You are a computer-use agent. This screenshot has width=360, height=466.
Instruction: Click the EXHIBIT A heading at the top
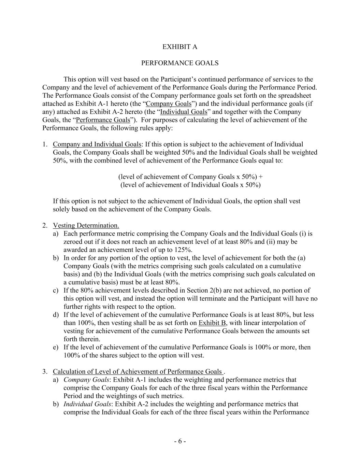179,47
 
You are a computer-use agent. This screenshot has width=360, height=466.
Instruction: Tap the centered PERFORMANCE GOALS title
179,63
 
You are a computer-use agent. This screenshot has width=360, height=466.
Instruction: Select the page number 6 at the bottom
180,441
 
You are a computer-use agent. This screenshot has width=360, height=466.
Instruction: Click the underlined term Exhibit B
212,323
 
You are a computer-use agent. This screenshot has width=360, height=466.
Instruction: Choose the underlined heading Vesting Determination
86,226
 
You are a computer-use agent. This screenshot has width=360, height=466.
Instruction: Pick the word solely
61,209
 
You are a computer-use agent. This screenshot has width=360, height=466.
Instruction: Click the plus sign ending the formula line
261,177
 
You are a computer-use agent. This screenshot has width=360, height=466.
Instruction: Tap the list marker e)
56,347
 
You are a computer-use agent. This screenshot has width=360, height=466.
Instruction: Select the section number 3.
45,372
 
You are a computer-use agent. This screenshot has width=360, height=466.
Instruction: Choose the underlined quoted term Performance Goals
103,120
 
